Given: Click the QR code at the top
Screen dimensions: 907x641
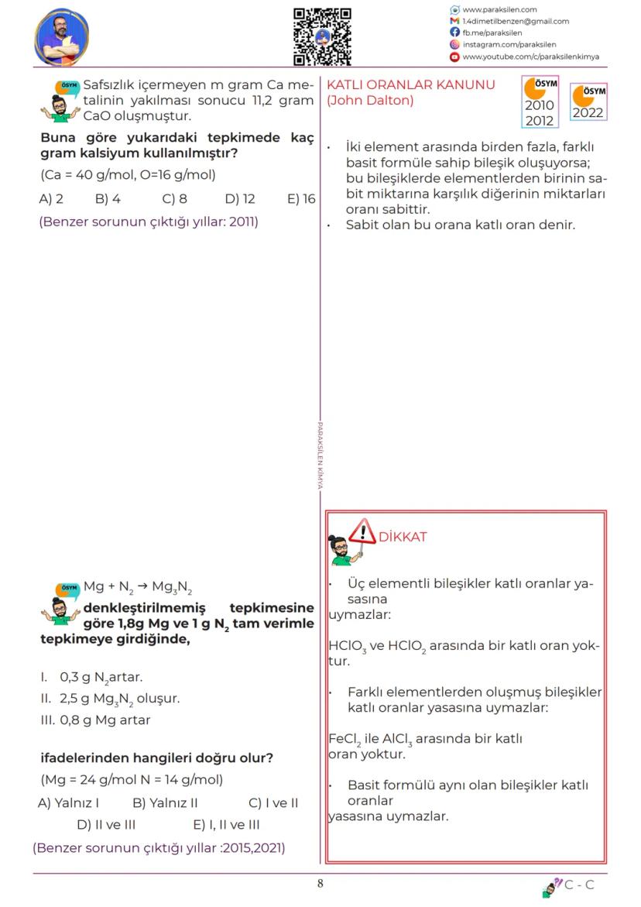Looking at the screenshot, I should [322, 36].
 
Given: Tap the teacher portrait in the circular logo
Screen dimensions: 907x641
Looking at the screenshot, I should [62, 37].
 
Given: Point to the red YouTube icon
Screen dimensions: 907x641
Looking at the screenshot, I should [455, 57].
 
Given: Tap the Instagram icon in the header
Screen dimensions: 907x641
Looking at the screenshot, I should [455, 45].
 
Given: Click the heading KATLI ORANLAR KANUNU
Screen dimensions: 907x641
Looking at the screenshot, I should [411, 84].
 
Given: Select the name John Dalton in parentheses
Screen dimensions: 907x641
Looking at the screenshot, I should [370, 100].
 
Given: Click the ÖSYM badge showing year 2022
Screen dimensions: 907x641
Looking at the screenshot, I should [588, 102].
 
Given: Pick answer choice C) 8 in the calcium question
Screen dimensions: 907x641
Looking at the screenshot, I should [174, 199].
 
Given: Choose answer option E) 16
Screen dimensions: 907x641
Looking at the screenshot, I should [301, 199].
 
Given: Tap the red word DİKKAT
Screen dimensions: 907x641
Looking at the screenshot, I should [403, 537].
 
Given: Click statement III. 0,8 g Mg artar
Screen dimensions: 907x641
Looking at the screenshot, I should [95, 720].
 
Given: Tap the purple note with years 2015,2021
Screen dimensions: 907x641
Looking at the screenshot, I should [159, 847].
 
